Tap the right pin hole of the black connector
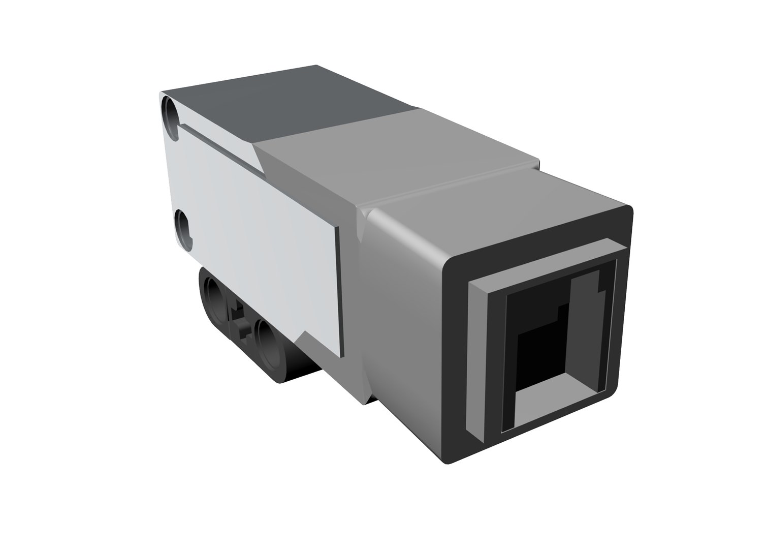coord(268,339)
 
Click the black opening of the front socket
coord(538,330)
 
